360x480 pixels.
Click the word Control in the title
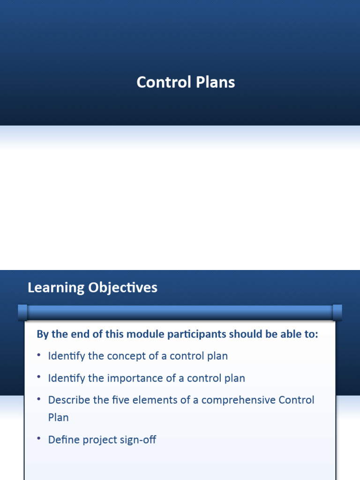click(x=161, y=82)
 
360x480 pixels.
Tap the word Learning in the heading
click(x=55, y=288)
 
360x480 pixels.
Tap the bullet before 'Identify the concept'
click(x=39, y=355)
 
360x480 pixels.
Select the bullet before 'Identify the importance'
click(x=39, y=377)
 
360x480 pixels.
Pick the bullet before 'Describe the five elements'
click(x=39, y=399)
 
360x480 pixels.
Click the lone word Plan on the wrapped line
click(x=58, y=417)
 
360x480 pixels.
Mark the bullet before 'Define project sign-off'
click(x=39, y=439)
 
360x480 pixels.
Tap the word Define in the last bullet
click(x=63, y=440)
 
